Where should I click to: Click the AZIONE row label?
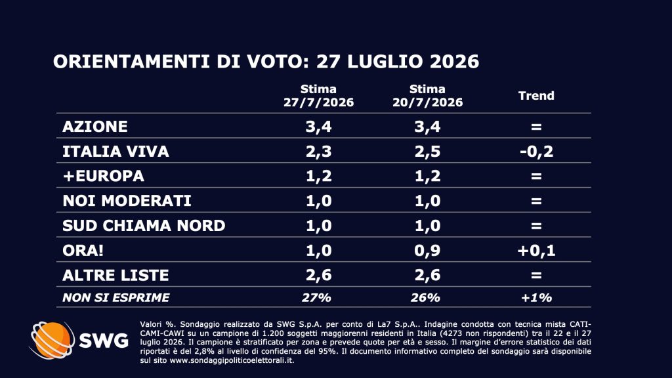click(x=94, y=127)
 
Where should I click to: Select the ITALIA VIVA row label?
click(x=115, y=152)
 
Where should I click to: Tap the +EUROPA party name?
click(x=103, y=176)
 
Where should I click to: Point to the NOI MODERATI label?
click(x=127, y=201)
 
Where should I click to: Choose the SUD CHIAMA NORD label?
click(x=144, y=226)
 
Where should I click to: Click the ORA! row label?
click(x=83, y=250)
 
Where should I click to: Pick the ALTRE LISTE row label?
click(x=115, y=275)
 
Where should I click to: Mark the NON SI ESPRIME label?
click(x=115, y=297)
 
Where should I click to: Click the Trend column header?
click(x=536, y=96)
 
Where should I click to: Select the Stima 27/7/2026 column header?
click(x=318, y=96)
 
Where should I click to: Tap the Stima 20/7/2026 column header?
click(x=427, y=96)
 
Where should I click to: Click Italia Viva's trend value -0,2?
click(x=536, y=152)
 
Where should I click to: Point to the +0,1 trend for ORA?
click(x=536, y=250)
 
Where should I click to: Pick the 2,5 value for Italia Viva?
click(x=427, y=152)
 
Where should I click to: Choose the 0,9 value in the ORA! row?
click(x=427, y=250)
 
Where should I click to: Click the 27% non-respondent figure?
click(x=316, y=297)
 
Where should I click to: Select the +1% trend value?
click(x=536, y=297)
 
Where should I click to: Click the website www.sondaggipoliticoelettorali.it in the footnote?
click(x=232, y=360)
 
